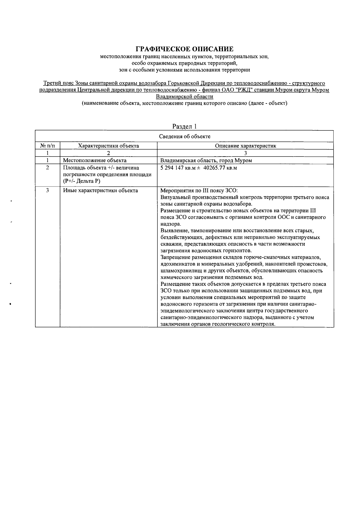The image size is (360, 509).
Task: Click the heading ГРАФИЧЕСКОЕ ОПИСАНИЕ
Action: pyautogui.click(x=184, y=49)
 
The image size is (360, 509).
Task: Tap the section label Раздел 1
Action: pyautogui.click(x=184, y=127)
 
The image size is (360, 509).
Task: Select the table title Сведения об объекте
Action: pyautogui.click(x=184, y=136)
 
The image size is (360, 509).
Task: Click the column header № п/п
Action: pyautogui.click(x=47, y=146)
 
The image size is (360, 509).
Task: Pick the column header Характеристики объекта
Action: pyautogui.click(x=108, y=146)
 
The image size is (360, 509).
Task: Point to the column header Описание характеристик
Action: pyautogui.click(x=245, y=146)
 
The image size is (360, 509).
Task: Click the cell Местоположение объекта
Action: pyautogui.click(x=94, y=160)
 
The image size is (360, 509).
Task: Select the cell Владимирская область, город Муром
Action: pyautogui.click(x=206, y=160)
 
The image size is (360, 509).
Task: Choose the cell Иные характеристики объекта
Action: pyautogui.click(x=100, y=191)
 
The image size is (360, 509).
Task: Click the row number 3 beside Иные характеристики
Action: pyautogui.click(x=47, y=191)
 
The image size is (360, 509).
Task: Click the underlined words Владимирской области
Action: pyautogui.click(x=184, y=97)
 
